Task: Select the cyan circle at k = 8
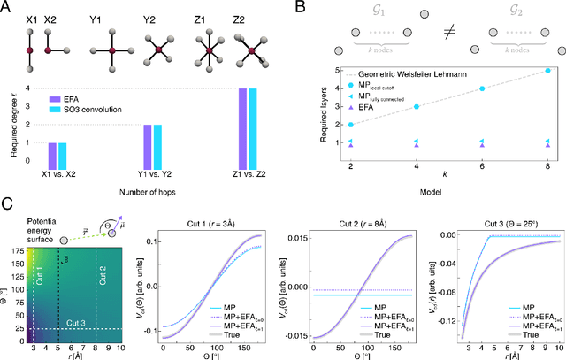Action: click(547, 70)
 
